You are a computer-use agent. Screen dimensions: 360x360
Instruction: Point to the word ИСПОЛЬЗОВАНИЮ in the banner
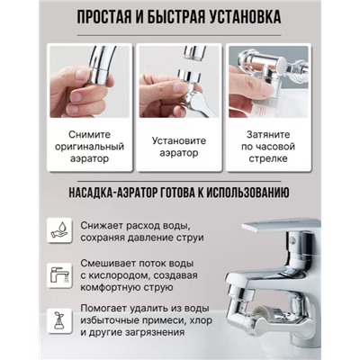[x=248, y=193]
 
